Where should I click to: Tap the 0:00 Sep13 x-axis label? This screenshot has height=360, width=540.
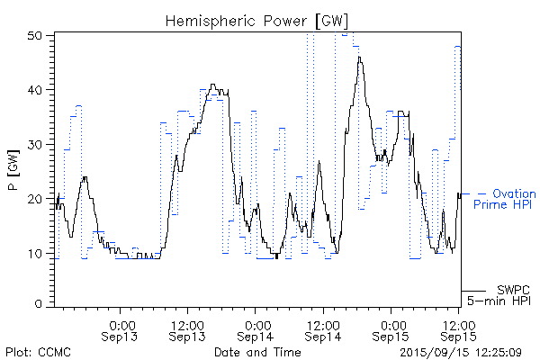click(x=121, y=329)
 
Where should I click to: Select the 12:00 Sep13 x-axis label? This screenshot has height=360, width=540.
click(x=185, y=329)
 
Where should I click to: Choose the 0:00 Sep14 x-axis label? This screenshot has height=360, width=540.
click(x=256, y=329)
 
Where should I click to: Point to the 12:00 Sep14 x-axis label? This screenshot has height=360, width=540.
click(x=322, y=329)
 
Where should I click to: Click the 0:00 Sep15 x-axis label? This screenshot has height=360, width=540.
click(x=391, y=329)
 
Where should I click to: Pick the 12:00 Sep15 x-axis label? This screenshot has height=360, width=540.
click(x=458, y=329)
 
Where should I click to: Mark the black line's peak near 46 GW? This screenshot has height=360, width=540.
click(x=359, y=58)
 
